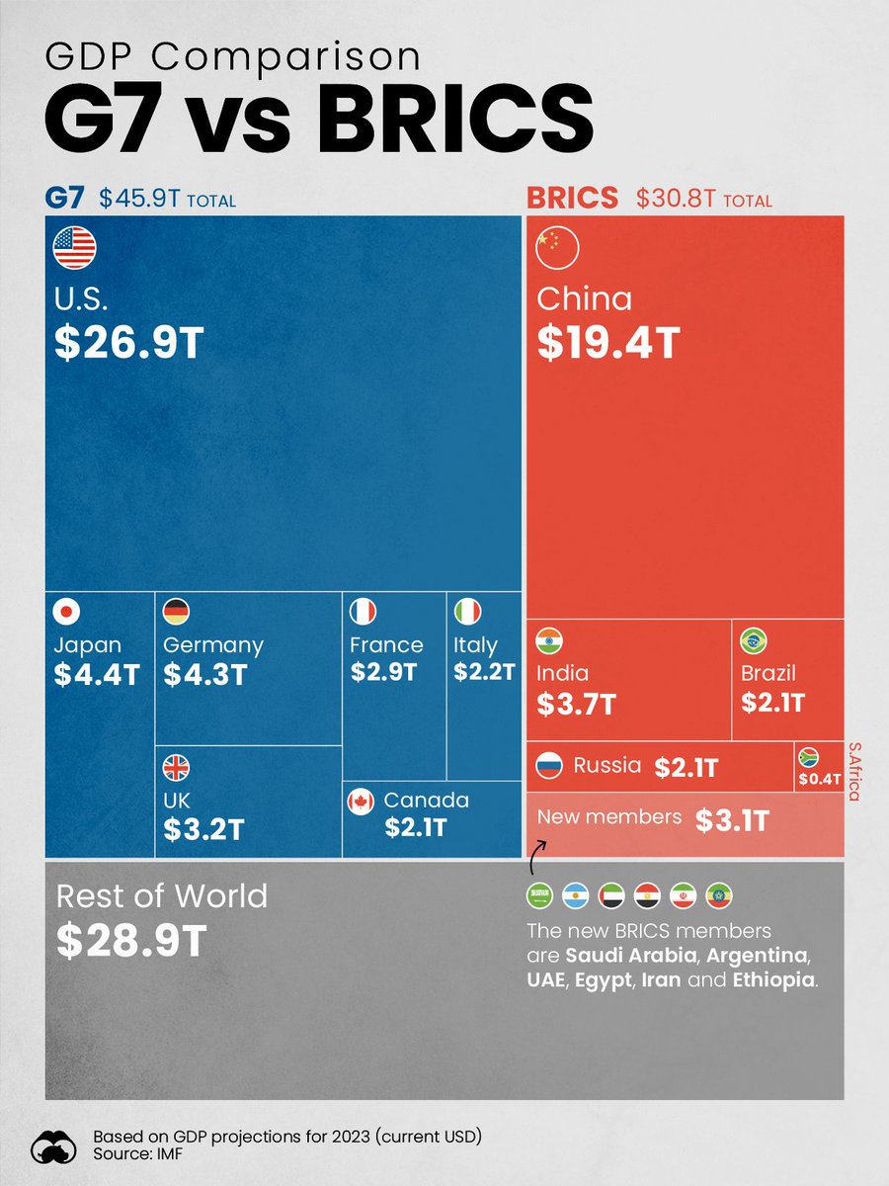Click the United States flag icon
(x=74, y=248)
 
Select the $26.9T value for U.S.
(x=128, y=341)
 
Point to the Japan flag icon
(x=67, y=612)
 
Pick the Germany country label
(x=213, y=645)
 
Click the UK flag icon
(x=176, y=767)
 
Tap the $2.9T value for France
(x=384, y=673)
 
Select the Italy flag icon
(x=467, y=612)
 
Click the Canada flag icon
(x=362, y=802)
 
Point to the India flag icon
(x=549, y=640)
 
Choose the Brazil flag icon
(x=754, y=640)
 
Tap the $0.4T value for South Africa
(x=820, y=779)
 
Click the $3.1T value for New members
(x=732, y=820)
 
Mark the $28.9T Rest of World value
(x=130, y=942)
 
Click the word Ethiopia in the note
(x=772, y=980)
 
